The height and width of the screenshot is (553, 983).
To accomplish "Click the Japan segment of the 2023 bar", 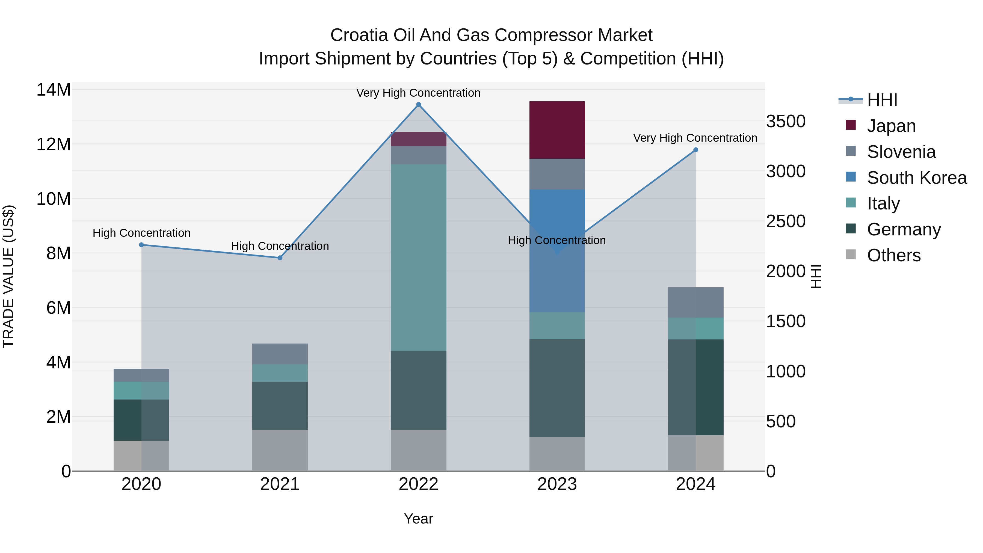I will [557, 130].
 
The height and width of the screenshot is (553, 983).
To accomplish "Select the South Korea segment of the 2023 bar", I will [557, 251].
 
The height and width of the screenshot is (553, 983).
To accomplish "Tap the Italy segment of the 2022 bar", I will [418, 258].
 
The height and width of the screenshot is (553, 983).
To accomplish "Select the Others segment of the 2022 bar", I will [418, 450].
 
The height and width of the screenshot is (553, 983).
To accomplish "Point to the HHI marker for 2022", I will [418, 105].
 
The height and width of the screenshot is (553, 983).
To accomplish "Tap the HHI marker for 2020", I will [141, 245].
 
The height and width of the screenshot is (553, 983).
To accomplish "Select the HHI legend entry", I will [882, 100].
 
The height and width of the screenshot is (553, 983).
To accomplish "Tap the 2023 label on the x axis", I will [557, 484].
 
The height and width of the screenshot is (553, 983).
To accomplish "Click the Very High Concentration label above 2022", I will [418, 93].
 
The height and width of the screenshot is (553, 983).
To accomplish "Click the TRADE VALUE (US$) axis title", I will [8, 276].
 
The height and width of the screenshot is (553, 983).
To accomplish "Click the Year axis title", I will [418, 519].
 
